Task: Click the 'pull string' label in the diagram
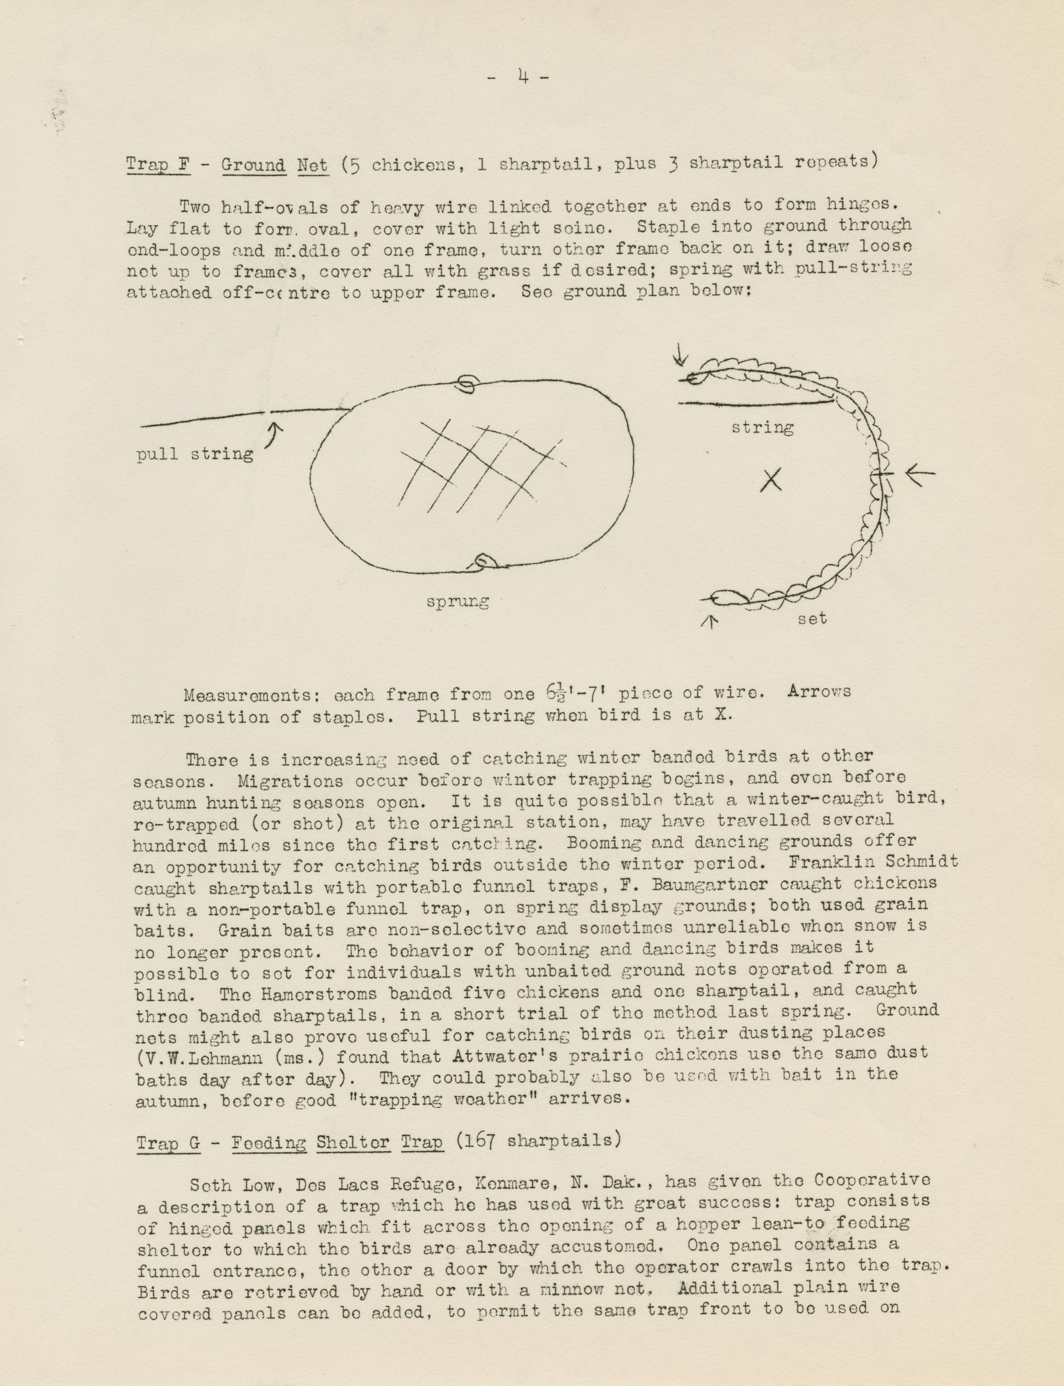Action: click(x=195, y=454)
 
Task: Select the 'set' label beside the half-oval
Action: click(x=812, y=618)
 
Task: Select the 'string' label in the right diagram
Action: click(x=762, y=428)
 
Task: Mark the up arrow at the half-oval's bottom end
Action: click(x=710, y=622)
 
